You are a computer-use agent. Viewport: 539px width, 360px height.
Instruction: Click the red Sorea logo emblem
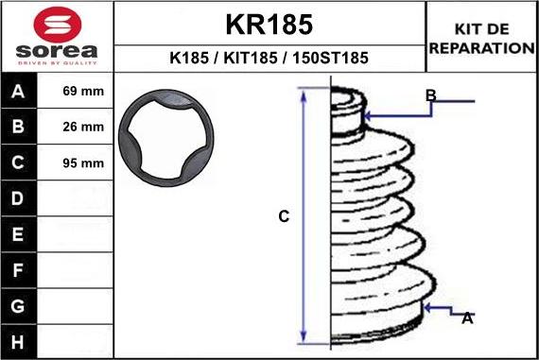tap(58, 25)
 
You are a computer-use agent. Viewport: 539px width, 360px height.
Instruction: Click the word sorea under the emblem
tap(57, 51)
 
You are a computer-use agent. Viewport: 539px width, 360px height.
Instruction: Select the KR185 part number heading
tap(269, 25)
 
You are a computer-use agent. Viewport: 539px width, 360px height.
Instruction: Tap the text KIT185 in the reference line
tap(251, 58)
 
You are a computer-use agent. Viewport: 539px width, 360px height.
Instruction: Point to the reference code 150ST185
tap(330, 58)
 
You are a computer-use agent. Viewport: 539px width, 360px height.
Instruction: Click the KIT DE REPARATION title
tap(481, 39)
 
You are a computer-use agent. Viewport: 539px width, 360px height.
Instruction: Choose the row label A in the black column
tap(18, 92)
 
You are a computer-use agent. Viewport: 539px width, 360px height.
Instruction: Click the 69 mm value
tap(83, 91)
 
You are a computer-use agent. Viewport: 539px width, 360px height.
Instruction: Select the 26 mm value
tap(83, 127)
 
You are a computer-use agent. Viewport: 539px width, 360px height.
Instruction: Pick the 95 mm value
tap(83, 163)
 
